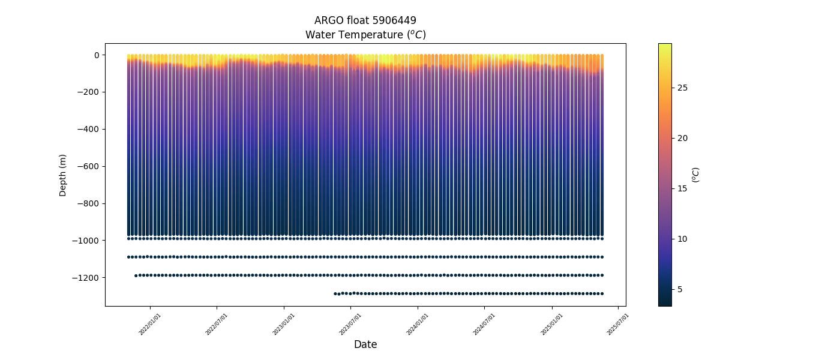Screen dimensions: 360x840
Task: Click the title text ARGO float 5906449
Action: pos(365,20)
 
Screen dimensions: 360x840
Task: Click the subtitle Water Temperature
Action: pos(365,35)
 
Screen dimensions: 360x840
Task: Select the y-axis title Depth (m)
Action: pos(63,175)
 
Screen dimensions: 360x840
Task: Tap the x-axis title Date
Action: pos(365,344)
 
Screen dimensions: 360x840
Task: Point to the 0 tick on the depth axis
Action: pos(96,55)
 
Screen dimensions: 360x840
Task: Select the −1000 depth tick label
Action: pos(86,241)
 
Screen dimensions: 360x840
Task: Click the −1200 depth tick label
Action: pos(86,278)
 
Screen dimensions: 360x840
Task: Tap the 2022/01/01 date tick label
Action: pos(150,323)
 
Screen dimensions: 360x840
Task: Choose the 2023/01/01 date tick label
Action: pos(284,323)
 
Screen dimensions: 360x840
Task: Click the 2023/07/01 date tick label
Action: pos(350,323)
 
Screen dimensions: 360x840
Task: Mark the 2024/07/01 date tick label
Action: pos(485,323)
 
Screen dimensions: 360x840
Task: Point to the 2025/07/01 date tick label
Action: pos(618,323)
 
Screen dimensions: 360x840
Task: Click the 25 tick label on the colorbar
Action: pos(682,88)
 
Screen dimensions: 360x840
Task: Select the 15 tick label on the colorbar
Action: pos(682,188)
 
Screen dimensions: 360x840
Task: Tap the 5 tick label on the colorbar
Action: pos(680,289)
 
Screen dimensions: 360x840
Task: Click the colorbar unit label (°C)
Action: pos(696,175)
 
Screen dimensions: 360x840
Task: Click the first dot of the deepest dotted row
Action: pos(335,293)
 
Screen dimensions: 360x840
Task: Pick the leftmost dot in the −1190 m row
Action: pos(136,275)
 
